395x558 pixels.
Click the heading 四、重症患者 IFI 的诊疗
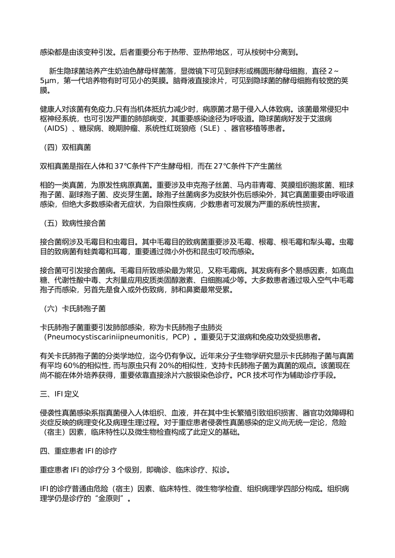(78, 451)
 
